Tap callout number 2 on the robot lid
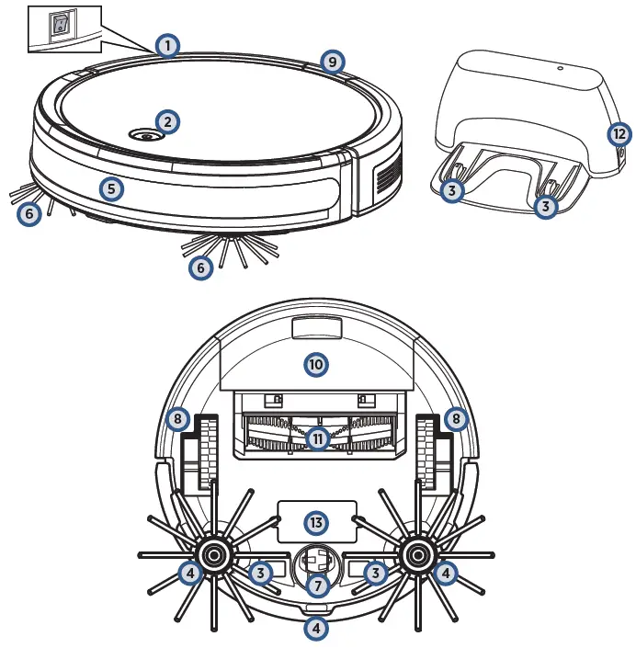(x=166, y=120)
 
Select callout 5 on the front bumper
(x=110, y=189)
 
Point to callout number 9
(x=333, y=62)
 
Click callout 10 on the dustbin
(x=316, y=365)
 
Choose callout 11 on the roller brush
(x=318, y=438)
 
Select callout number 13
(x=316, y=522)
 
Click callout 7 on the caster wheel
(x=317, y=584)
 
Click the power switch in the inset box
(x=60, y=24)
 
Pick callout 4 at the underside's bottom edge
(x=316, y=630)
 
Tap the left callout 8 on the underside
(x=177, y=419)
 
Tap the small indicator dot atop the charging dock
(x=558, y=67)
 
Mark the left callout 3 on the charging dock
(x=451, y=190)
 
